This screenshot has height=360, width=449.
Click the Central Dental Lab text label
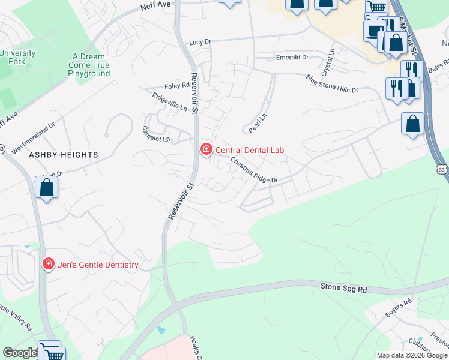point(249,150)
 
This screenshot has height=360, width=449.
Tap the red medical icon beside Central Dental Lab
point(206,149)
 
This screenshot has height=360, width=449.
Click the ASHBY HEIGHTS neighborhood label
point(63,155)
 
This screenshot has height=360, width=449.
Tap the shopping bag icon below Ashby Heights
point(46,188)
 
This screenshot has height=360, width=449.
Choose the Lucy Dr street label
point(200,43)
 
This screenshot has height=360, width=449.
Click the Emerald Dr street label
point(292,57)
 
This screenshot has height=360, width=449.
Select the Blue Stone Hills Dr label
point(331,83)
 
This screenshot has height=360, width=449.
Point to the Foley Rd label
point(177,86)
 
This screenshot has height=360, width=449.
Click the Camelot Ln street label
point(155,134)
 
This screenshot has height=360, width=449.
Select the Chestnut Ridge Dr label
point(255,171)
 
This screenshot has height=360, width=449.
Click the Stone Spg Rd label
point(343,289)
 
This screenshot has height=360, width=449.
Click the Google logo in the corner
point(19,353)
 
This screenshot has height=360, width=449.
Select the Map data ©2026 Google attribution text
point(411,355)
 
